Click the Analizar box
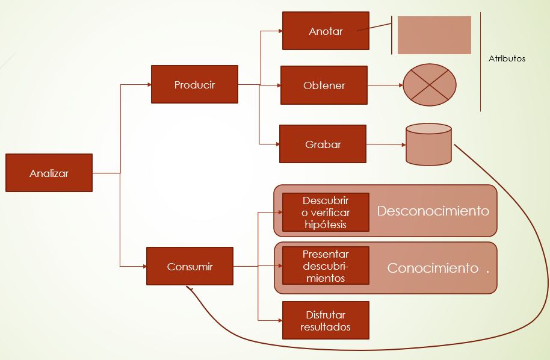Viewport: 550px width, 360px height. coord(49,173)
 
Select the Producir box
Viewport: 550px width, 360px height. coord(194,84)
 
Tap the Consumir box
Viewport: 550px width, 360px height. coord(190,266)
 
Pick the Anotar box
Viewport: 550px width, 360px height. coord(326,31)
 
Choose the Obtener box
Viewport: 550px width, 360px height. coord(324,85)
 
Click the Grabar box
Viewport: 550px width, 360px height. coord(323,144)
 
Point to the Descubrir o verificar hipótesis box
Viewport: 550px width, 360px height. coord(326,213)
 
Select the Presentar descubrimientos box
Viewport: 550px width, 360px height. coord(326,266)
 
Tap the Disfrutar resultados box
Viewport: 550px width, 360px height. coord(326,321)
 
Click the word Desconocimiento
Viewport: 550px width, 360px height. coord(433,211)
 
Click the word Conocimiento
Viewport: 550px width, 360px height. coord(433,268)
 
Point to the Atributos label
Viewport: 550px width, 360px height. coord(507,59)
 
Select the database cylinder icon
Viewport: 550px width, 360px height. coord(428,144)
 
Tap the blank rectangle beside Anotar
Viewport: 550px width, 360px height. coord(434,35)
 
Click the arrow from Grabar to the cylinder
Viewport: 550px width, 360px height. coord(386,144)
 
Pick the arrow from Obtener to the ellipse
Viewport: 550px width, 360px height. coord(385,85)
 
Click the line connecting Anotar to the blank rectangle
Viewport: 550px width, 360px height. coord(378,26)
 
